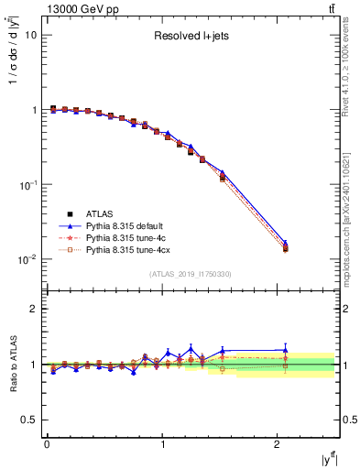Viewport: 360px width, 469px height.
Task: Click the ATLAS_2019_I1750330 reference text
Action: pos(191,273)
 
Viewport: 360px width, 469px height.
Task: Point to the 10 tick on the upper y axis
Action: pos(30,35)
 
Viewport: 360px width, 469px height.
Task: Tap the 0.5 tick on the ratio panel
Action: pos(29,420)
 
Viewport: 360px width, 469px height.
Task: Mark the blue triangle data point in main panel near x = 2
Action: pos(285,244)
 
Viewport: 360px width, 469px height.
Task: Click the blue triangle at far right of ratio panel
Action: pos(285,349)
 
